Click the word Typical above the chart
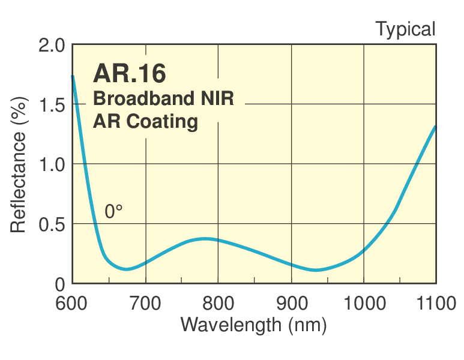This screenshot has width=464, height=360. [x=405, y=28]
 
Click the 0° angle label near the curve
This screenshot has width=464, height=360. [x=113, y=212]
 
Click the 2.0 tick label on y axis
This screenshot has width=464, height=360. [x=51, y=46]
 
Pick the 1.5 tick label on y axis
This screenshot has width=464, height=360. [x=51, y=104]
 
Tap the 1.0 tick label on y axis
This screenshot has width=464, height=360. [x=51, y=164]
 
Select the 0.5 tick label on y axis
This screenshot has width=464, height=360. [x=51, y=224]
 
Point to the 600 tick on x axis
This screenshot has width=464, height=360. [x=73, y=304]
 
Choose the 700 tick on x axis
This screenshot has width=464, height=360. [x=145, y=304]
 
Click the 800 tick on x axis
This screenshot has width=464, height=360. [x=218, y=304]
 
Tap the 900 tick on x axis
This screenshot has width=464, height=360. [x=291, y=304]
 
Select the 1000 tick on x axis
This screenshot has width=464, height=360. [x=364, y=304]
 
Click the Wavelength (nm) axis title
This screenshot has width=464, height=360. [x=253, y=325]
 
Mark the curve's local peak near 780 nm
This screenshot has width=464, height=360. [x=206, y=238]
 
